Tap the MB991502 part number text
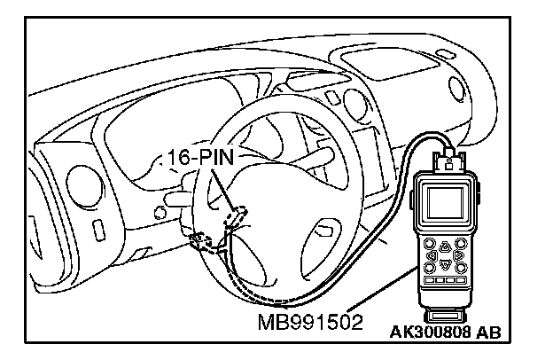pos(305,317)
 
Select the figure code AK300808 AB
pos(443,333)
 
